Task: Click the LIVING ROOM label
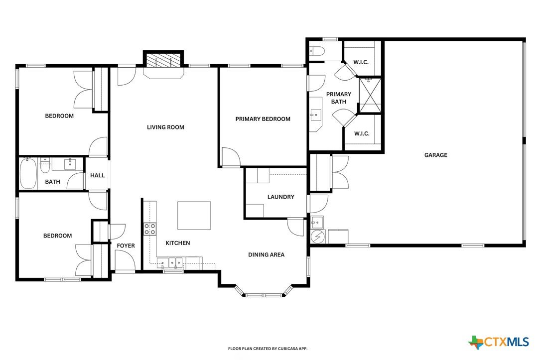pos(165,127)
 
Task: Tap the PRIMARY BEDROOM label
pos(263,119)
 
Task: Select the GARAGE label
pos(436,155)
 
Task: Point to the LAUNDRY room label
pos(281,197)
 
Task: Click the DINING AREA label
pos(267,255)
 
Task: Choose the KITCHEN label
pos(178,243)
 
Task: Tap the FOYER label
pos(126,246)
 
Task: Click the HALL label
pos(97,175)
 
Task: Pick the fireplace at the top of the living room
pos(163,61)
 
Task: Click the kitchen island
pos(194,216)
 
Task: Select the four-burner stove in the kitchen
pos(150,229)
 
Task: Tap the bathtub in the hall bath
pos(28,173)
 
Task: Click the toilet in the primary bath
pos(317,52)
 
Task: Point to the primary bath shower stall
pos(370,95)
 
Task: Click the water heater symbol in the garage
pos(317,237)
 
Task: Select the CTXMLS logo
pos(499,342)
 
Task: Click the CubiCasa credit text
pos(268,349)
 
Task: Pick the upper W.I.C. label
pos(361,62)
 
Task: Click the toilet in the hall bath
pos(45,165)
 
